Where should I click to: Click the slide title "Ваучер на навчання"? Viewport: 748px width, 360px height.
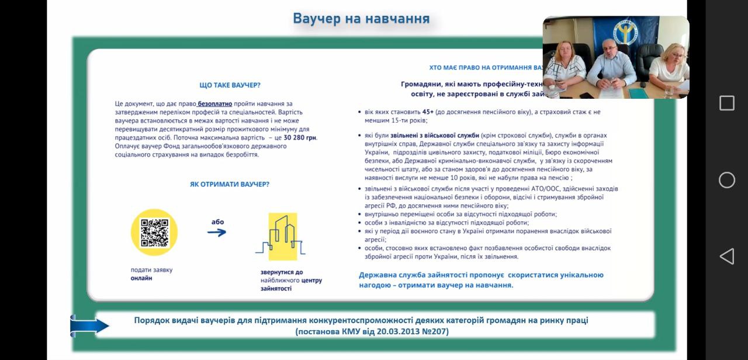click(361, 19)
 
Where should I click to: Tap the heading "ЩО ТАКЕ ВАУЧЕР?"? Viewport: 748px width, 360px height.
click(230, 85)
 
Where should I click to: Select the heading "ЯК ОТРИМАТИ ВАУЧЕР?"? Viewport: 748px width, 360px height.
click(230, 184)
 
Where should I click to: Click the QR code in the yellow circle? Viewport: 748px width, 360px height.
click(154, 232)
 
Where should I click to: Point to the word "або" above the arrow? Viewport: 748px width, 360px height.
click(217, 222)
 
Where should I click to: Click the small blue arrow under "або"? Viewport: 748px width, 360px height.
click(217, 233)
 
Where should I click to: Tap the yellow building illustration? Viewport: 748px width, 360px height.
click(282, 237)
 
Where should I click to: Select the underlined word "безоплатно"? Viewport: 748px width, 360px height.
click(215, 103)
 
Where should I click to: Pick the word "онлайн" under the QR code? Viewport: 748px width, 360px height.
click(141, 278)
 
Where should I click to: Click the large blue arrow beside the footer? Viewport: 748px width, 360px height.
click(89, 326)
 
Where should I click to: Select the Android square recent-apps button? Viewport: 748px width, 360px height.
click(726, 103)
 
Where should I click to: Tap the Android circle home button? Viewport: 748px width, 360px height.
click(726, 180)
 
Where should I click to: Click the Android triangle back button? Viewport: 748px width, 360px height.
click(726, 257)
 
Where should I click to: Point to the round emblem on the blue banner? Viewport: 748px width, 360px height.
click(627, 32)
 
